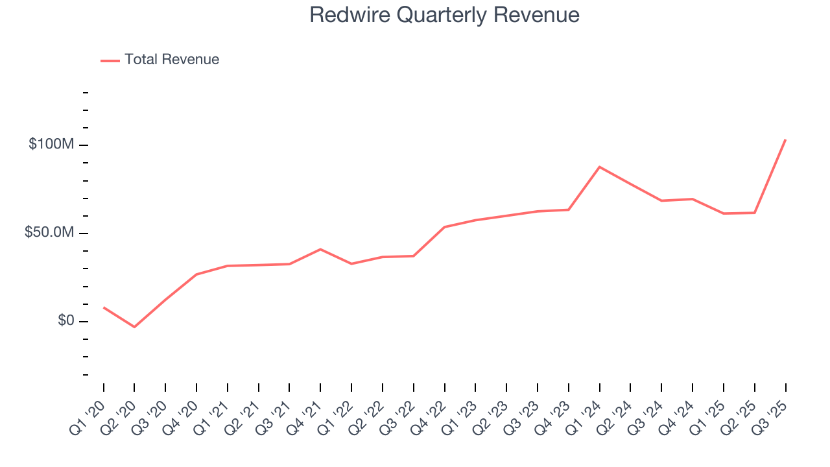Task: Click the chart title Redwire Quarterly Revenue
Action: (444, 15)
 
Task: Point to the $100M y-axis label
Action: (51, 145)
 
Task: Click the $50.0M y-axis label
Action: (49, 233)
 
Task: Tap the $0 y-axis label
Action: (65, 321)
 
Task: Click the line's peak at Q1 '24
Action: (600, 167)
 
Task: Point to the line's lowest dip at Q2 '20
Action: (134, 327)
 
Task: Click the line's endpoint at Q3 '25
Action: (785, 139)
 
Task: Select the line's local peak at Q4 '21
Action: (320, 249)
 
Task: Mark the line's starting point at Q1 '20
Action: (104, 307)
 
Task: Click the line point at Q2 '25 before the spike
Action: (755, 213)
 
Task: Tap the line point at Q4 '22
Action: (445, 227)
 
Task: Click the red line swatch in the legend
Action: (110, 60)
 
